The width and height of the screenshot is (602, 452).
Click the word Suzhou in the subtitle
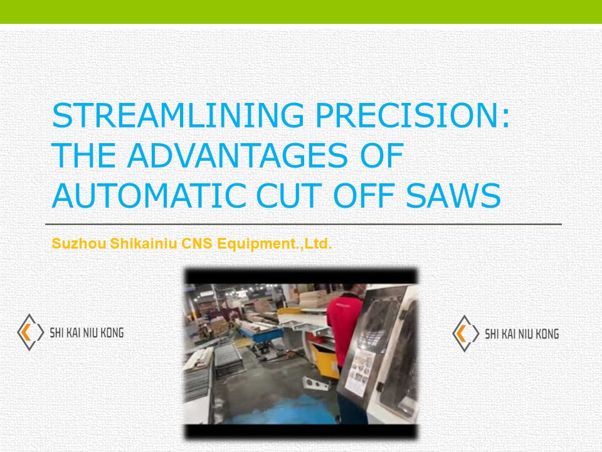pyautogui.click(x=70, y=244)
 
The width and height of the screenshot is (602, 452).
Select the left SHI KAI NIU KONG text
pyautogui.click(x=86, y=333)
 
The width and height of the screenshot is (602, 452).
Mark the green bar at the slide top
pyautogui.click(x=301, y=11)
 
